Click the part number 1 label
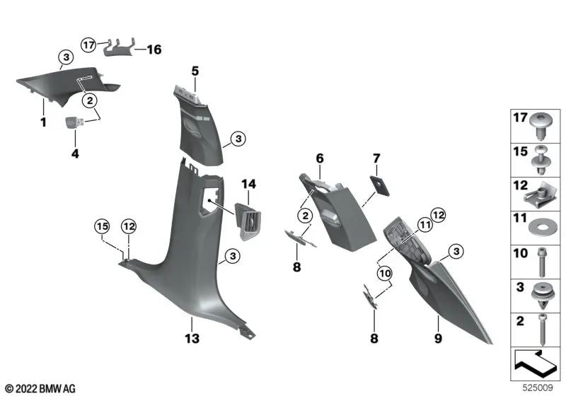[42, 122]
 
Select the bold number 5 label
[195, 71]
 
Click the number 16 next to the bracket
[154, 49]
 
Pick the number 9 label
[438, 339]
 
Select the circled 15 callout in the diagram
[103, 226]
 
